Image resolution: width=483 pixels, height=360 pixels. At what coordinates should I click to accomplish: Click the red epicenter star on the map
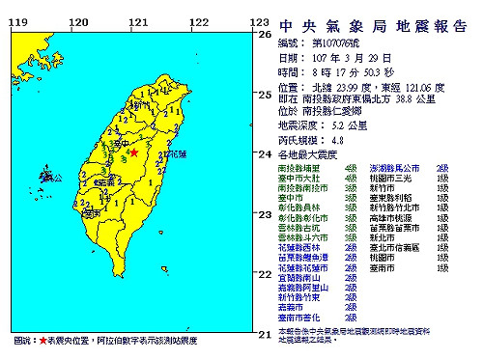pyautogui.click(x=136, y=152)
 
